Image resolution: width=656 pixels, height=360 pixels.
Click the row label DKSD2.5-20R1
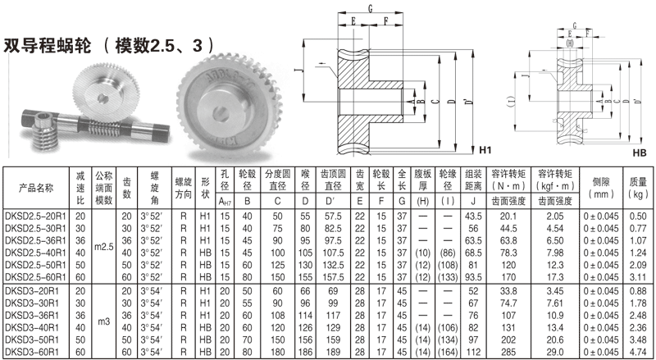click(x=36, y=215)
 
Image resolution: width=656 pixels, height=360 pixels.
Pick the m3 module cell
click(x=103, y=322)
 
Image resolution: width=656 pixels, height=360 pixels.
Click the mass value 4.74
click(x=638, y=351)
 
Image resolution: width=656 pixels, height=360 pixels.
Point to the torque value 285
click(x=507, y=351)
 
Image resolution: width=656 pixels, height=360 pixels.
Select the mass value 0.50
click(x=638, y=215)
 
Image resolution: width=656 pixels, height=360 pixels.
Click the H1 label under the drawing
click(x=485, y=151)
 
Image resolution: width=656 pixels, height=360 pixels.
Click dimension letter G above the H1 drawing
click(x=371, y=9)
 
